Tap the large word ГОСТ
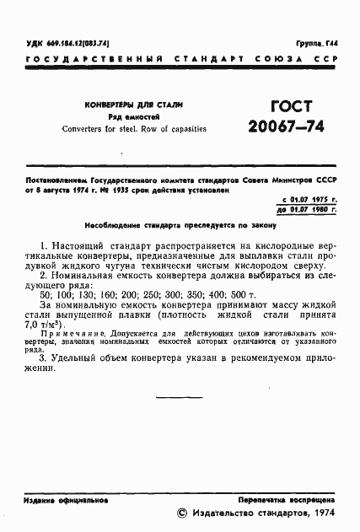(277, 107)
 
